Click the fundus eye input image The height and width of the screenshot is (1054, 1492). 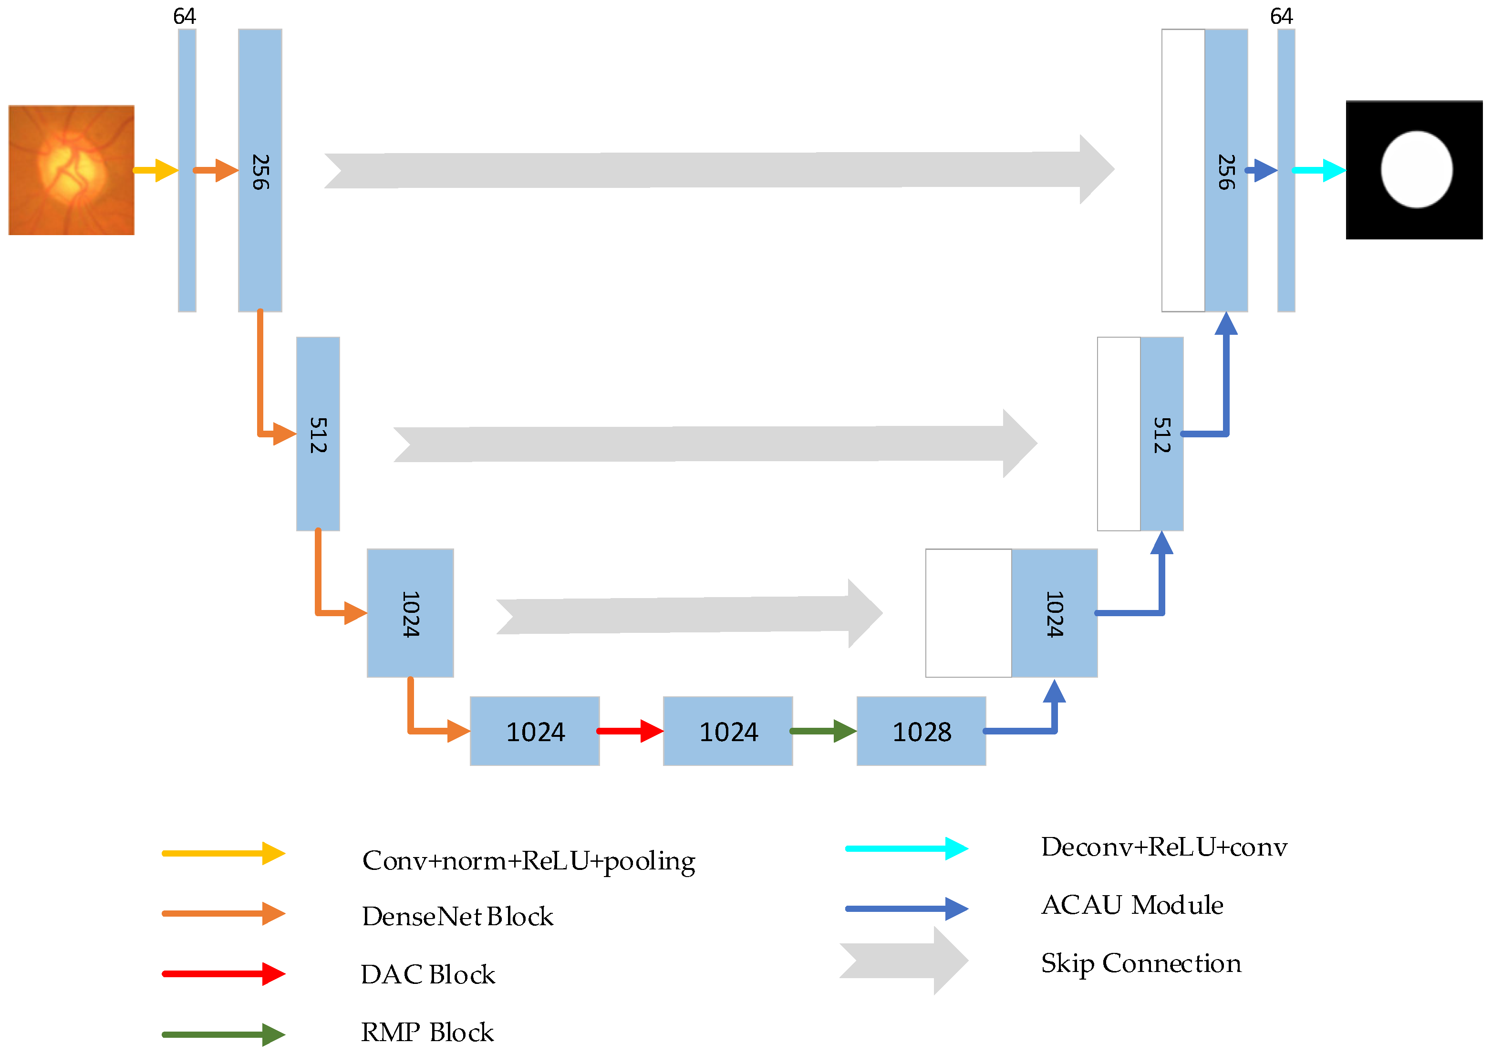[x=72, y=170]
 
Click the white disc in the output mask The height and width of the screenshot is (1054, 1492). [x=1416, y=170]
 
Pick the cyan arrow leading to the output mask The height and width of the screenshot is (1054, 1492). [x=1319, y=170]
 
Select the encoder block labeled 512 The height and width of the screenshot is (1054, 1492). [x=318, y=434]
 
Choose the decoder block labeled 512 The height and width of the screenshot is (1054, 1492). [x=1161, y=434]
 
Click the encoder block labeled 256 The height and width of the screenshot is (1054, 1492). [x=260, y=170]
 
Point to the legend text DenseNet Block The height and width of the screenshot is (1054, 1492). [x=457, y=916]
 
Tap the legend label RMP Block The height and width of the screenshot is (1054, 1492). [x=427, y=1032]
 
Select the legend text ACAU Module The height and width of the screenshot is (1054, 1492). [x=1132, y=905]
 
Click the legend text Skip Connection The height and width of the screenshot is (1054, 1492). [x=1141, y=962]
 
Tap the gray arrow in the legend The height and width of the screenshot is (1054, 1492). [x=904, y=961]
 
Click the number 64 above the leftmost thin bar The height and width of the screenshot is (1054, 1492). [x=185, y=16]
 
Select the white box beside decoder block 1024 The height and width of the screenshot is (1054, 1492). [x=968, y=613]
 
